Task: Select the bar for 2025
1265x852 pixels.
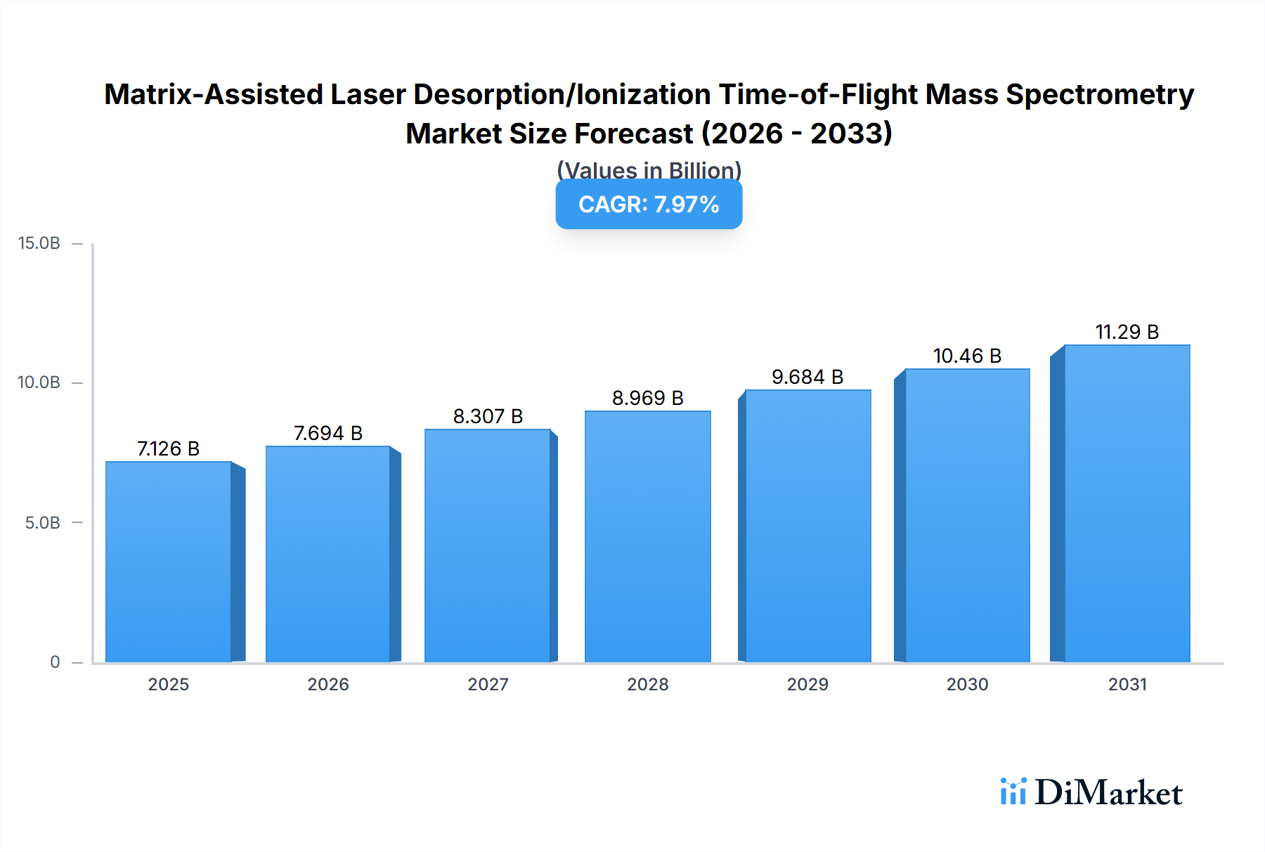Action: tap(169, 562)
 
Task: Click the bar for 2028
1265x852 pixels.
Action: tap(647, 537)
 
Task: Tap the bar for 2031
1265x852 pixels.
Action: tap(1127, 504)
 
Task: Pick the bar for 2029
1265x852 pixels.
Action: tap(807, 527)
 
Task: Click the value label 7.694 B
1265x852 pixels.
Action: tap(327, 433)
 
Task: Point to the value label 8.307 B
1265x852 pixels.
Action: tap(488, 416)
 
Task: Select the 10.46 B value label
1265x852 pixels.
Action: tap(967, 356)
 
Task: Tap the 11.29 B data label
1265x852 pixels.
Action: tap(1127, 332)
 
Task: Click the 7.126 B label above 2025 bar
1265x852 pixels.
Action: tap(168, 448)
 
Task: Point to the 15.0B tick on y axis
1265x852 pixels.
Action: tap(39, 243)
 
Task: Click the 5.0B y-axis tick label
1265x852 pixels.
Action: tap(42, 522)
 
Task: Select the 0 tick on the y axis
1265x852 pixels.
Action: tap(55, 661)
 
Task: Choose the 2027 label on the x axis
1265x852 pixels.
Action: tap(488, 684)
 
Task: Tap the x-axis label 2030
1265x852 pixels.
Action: tap(967, 684)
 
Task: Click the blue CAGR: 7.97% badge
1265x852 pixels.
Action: tap(649, 205)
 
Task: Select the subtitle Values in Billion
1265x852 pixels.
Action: tap(649, 170)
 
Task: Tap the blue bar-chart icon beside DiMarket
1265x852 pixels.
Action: tap(1013, 792)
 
